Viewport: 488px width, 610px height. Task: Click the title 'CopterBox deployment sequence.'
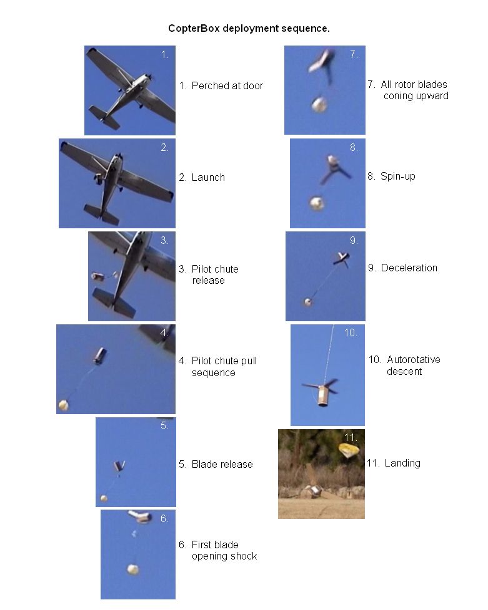click(249, 29)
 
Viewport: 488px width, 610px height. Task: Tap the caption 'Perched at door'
click(227, 85)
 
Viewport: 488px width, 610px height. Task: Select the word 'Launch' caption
click(208, 177)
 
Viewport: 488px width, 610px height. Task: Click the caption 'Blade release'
click(222, 464)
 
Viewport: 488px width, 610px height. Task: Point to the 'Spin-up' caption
click(398, 177)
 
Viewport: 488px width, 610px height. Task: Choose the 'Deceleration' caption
click(409, 268)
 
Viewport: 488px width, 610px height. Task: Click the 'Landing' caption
click(402, 463)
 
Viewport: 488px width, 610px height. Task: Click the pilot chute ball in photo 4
click(63, 405)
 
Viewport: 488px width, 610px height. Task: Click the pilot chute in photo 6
click(133, 569)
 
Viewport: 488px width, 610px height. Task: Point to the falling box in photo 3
click(97, 276)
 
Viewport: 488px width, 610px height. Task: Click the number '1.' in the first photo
click(165, 54)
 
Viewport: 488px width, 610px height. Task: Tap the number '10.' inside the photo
click(351, 332)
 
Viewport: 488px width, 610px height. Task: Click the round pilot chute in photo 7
click(319, 105)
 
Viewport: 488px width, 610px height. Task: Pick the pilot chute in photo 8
click(317, 203)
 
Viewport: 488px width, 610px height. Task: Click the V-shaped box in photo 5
click(119, 466)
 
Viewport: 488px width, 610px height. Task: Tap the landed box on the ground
click(314, 491)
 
